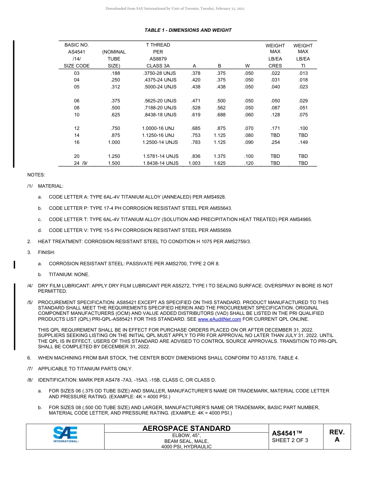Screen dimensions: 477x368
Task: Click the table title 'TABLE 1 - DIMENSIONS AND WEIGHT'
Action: (x=188, y=30)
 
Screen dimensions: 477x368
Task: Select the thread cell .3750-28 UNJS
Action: (x=159, y=73)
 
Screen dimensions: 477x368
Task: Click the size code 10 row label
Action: (x=77, y=115)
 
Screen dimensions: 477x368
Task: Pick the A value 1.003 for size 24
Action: (x=194, y=163)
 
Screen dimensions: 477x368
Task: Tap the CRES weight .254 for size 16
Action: (x=275, y=142)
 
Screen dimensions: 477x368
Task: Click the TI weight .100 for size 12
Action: (x=303, y=128)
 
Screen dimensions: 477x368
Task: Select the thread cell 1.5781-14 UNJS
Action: (x=161, y=156)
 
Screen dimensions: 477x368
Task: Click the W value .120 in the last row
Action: (x=249, y=163)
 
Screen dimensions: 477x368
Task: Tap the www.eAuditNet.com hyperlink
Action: (x=219, y=319)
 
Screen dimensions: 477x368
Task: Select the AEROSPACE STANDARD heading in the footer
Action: (x=186, y=429)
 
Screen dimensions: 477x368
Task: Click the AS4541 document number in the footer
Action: (x=287, y=433)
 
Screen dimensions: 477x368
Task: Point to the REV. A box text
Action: (x=337, y=436)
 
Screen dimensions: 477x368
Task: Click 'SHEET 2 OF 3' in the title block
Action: (x=290, y=440)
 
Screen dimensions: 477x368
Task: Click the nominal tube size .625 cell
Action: (x=115, y=115)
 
